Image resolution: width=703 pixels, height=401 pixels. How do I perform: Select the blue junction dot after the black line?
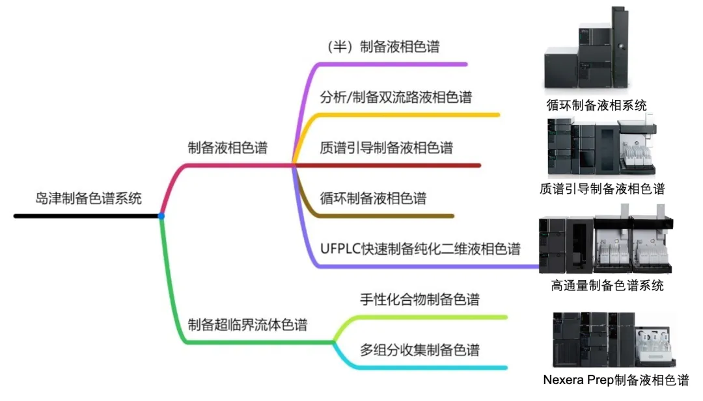pos(161,216)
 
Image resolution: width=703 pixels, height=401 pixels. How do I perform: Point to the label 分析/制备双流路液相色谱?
pos(396,97)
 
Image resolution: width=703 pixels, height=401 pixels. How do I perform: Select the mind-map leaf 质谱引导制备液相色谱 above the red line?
pos(387,148)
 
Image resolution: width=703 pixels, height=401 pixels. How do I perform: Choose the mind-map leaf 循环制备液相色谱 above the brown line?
pos(374,198)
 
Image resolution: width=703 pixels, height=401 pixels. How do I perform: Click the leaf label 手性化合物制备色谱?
pos(420,300)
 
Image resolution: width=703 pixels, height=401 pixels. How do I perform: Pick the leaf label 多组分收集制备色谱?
pos(420,350)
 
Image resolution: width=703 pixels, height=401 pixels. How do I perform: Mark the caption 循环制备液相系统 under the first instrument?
pos(597,105)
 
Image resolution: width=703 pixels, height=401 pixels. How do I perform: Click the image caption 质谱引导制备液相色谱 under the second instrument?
pos(602,189)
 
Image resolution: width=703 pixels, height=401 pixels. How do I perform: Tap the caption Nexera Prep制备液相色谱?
pos(616,380)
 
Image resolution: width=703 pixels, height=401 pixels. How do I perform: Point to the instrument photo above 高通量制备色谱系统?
pos(606,243)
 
